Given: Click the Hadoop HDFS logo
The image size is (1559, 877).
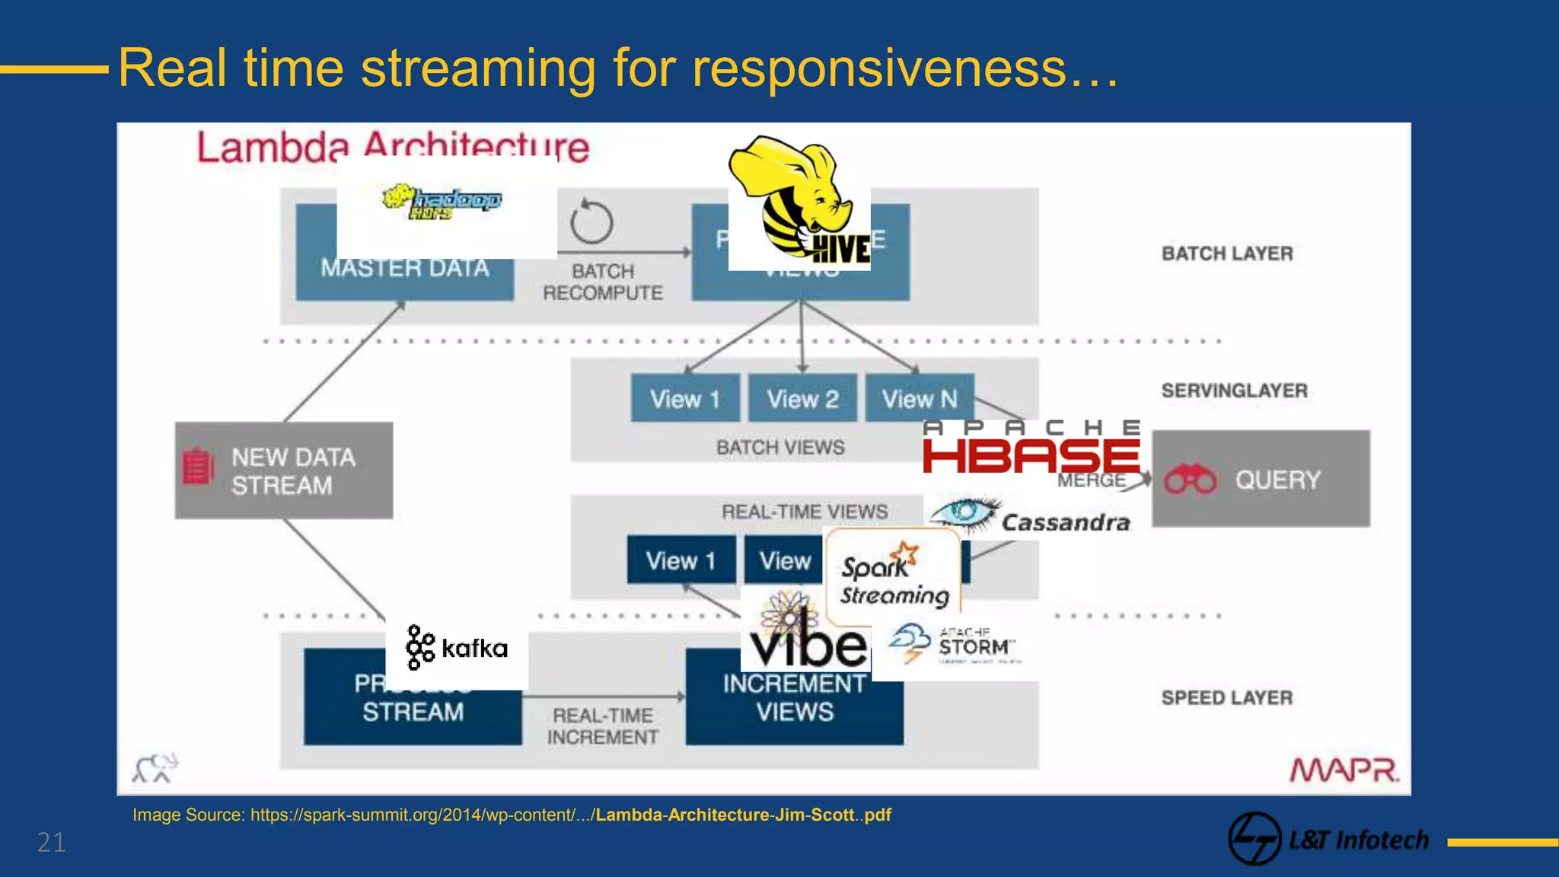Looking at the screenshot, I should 442,202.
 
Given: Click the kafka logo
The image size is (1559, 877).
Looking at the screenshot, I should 457,648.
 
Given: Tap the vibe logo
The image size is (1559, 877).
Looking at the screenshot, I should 805,632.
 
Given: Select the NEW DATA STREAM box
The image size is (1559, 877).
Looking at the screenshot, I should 284,470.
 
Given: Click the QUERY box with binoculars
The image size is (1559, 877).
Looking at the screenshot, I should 1261,479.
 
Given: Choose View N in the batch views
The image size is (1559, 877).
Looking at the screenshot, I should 920,398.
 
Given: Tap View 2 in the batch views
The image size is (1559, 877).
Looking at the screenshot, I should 802,398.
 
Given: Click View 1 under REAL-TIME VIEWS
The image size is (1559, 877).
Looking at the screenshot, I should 681,560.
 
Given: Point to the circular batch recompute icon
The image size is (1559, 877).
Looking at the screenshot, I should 591,223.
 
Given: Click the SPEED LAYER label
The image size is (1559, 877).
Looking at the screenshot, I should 1226,697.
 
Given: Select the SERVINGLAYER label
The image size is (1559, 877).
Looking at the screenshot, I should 1234,391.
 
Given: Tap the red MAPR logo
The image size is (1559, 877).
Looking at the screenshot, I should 1344,770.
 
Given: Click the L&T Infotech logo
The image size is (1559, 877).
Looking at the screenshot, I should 1329,840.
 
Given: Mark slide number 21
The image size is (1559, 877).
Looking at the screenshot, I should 52,843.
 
